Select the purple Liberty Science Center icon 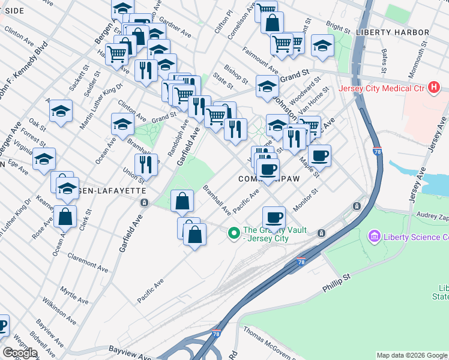tap(375, 236)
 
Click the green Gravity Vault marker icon tap(234, 233)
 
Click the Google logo tap(20, 353)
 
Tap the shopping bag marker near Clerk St tap(65, 218)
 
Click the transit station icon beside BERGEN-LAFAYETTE tap(144, 202)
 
